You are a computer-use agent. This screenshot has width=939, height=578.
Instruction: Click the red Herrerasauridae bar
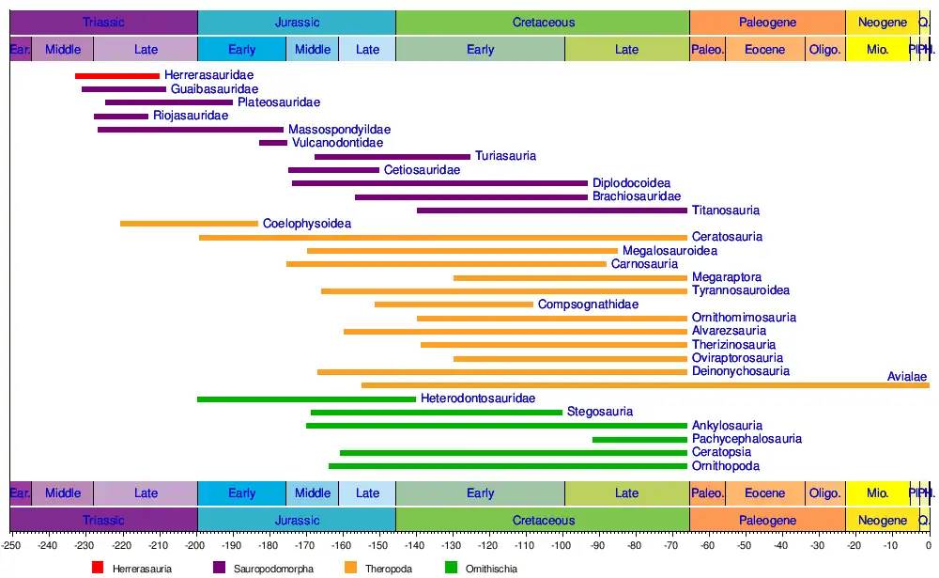pos(117,75)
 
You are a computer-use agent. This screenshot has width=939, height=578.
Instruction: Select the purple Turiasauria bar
pos(392,157)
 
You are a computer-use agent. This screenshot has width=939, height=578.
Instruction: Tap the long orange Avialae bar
pos(645,385)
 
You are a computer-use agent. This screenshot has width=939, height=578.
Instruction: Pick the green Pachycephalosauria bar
pos(639,440)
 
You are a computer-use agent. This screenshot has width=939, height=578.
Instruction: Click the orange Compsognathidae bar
pos(454,305)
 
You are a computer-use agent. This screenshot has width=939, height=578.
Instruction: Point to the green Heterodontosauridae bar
pos(306,399)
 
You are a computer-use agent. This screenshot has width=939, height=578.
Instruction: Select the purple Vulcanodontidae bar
pos(273,143)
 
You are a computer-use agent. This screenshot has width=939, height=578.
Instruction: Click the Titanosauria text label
pos(726,211)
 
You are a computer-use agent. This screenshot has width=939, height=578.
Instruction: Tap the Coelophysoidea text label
pos(307,224)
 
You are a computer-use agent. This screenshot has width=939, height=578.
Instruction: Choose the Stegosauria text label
pos(600,412)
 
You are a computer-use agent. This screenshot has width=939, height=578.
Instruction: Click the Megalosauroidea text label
pos(670,251)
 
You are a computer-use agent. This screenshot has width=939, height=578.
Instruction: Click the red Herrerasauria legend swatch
pos(98,568)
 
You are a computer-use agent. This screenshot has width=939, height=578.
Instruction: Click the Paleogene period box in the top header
pos(767,23)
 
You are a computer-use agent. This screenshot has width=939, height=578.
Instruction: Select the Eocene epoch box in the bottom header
pos(765,493)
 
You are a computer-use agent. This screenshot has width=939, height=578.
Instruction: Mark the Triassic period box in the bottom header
pos(103,520)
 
